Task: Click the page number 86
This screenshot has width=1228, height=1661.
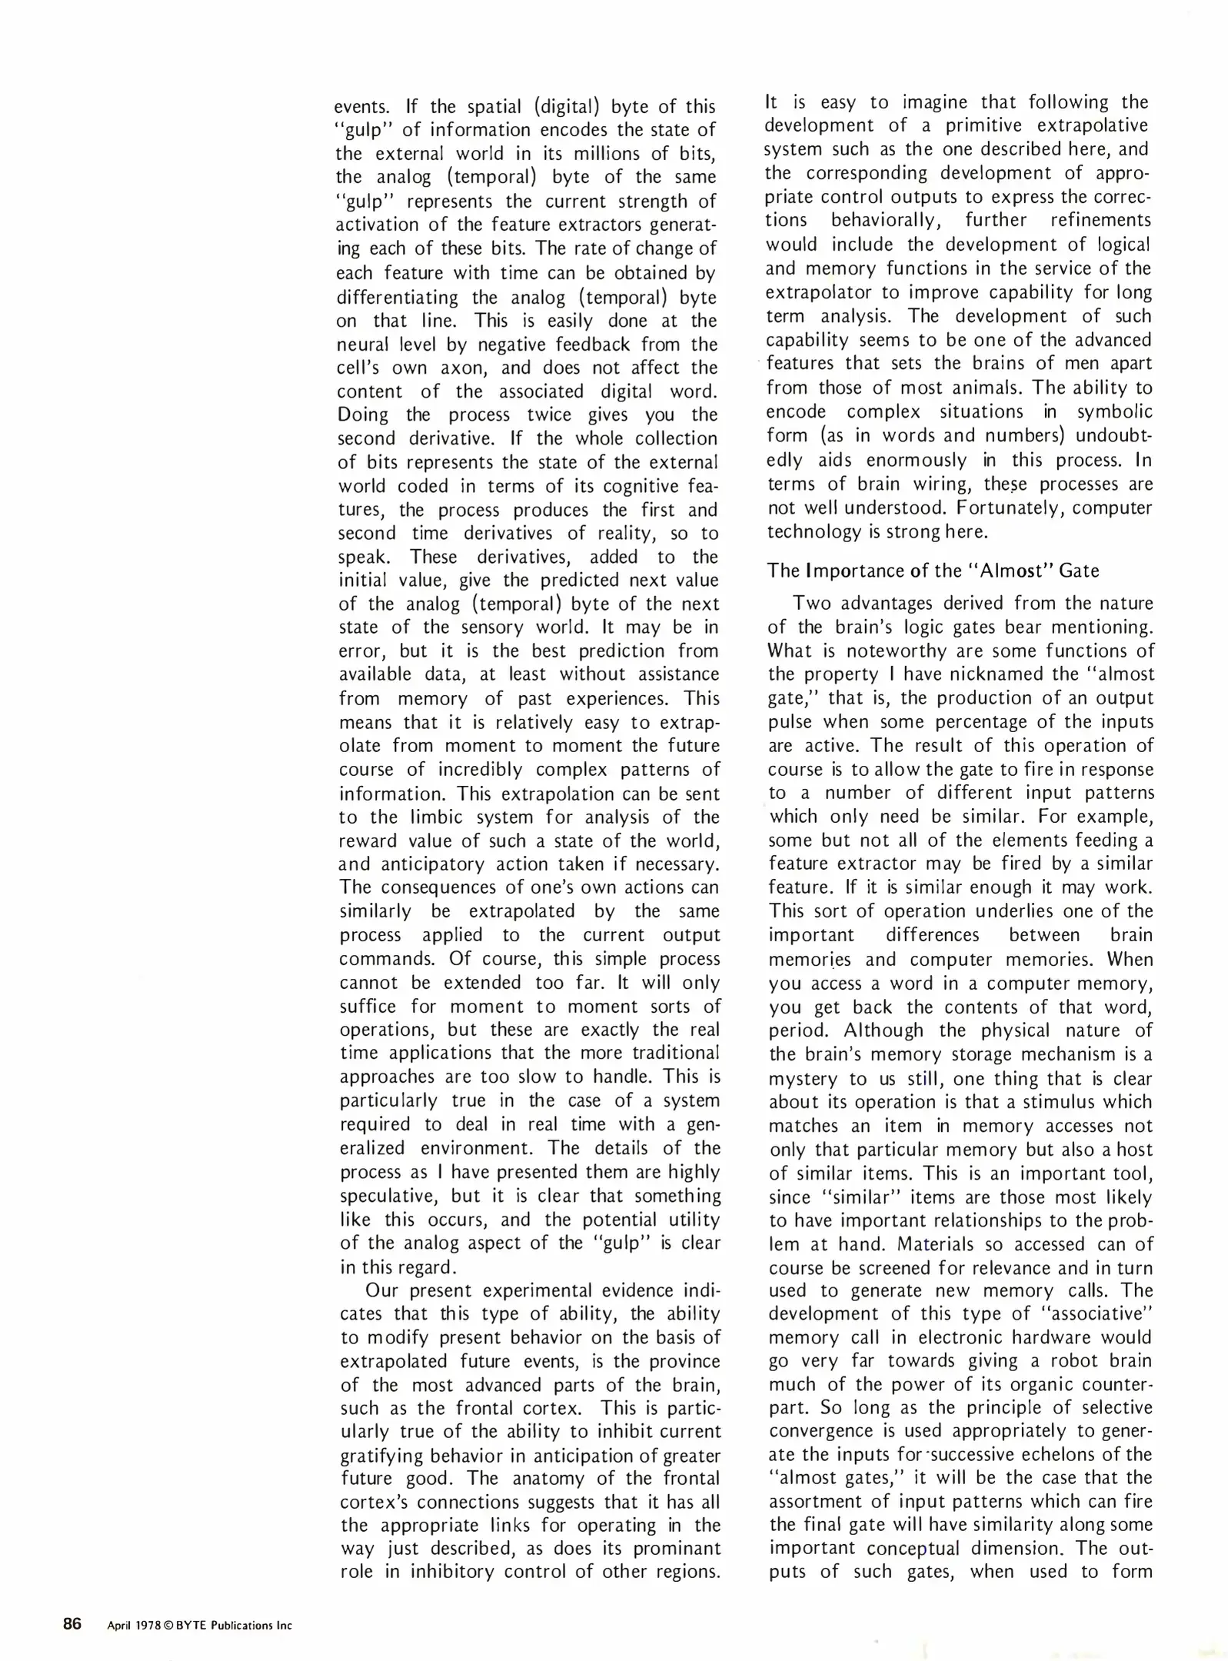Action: click(72, 1624)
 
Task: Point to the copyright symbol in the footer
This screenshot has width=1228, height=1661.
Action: click(168, 1626)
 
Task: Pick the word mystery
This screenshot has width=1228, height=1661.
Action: click(804, 1078)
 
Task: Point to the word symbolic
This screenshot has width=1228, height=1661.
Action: click(1114, 411)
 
